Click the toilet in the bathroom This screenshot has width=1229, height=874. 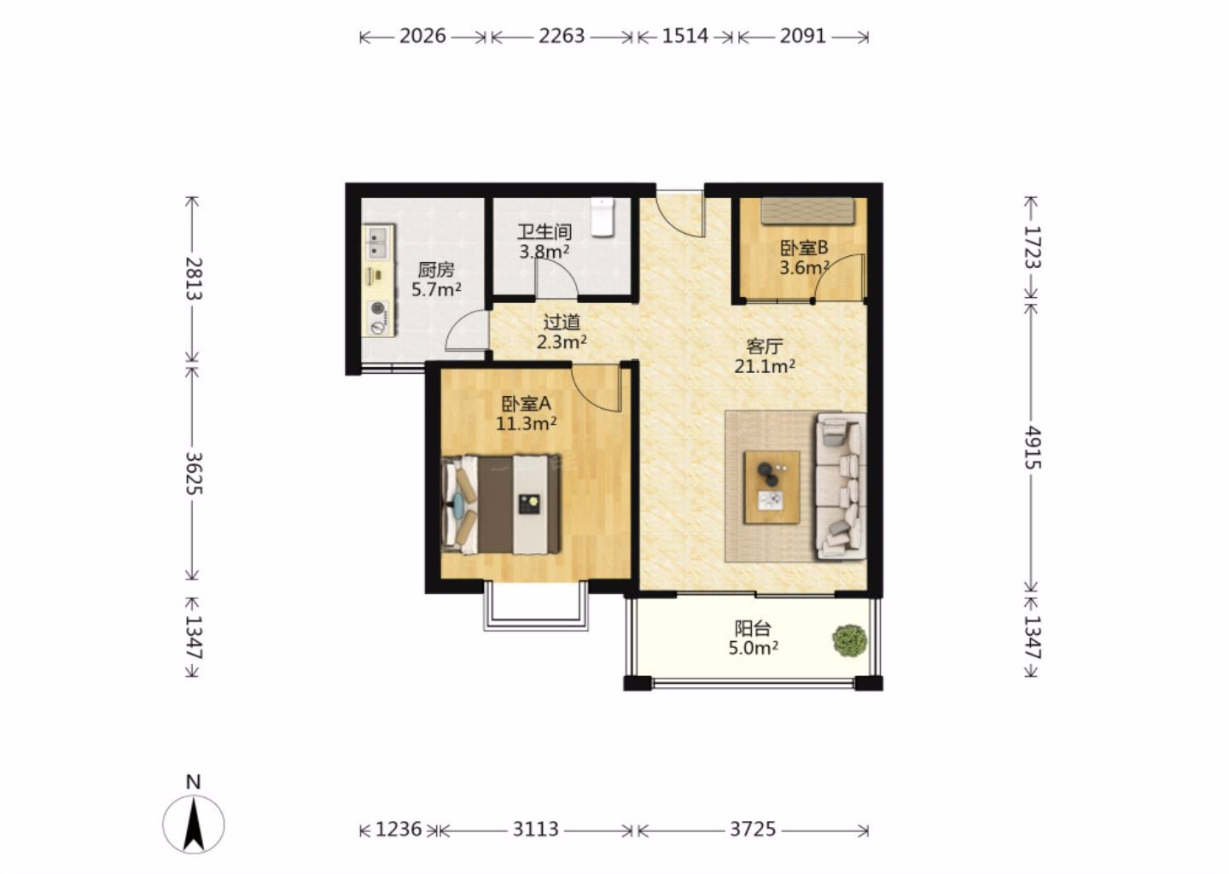[603, 218]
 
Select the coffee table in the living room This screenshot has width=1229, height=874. [772, 487]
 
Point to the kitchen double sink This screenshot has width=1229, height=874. [378, 243]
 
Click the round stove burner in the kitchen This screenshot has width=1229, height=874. [377, 308]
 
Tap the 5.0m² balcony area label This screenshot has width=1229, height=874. [753, 648]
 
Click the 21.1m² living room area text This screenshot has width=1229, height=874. [765, 366]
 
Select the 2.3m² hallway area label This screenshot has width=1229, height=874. [562, 341]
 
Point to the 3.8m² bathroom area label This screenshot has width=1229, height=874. [545, 252]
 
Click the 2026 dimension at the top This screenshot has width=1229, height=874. [422, 36]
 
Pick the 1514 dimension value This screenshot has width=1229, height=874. [685, 36]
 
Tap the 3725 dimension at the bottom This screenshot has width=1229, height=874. [753, 829]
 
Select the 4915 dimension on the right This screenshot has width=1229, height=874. [1033, 447]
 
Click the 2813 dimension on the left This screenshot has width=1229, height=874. [194, 279]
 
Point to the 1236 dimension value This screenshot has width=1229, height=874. [399, 829]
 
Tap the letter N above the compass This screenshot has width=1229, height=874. [193, 781]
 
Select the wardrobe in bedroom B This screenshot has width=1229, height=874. [807, 211]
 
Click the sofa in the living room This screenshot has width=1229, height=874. [842, 487]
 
